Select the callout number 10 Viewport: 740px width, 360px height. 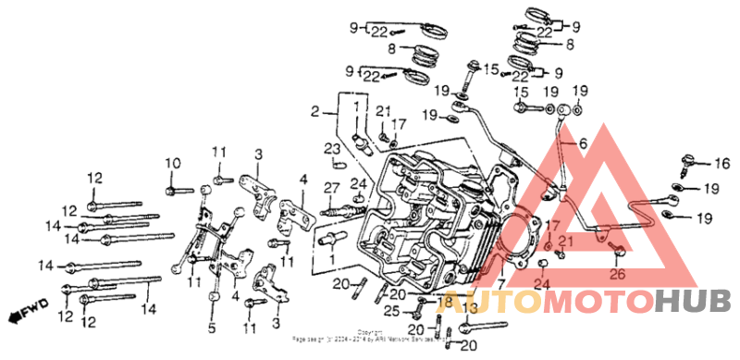pyautogui.click(x=170, y=164)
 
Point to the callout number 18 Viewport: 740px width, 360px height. pyautogui.click(x=446, y=303)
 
